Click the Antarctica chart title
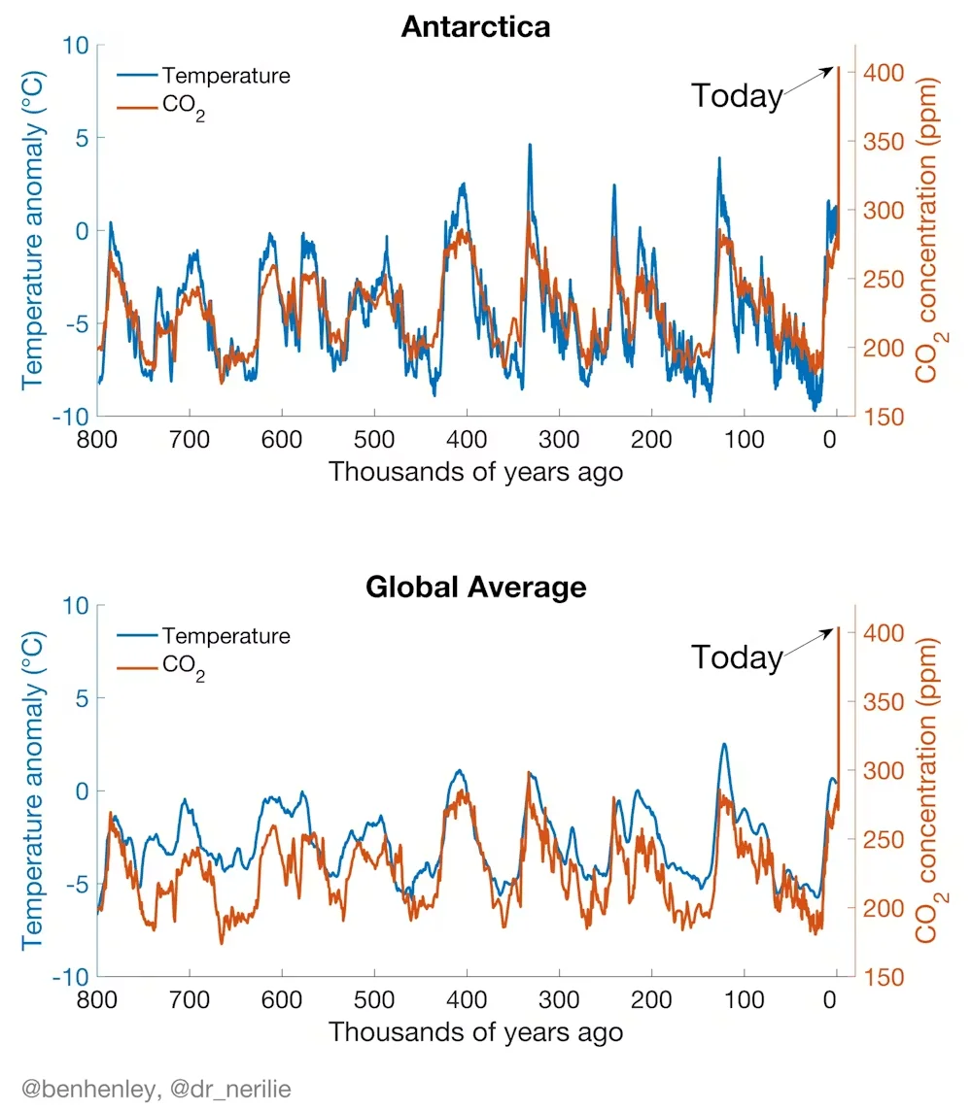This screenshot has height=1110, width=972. (x=475, y=27)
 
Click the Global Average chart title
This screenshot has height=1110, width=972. (x=476, y=587)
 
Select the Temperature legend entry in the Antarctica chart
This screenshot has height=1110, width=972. (x=204, y=75)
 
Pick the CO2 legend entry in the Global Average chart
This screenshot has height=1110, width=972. (x=161, y=666)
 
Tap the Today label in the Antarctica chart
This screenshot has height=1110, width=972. (x=737, y=96)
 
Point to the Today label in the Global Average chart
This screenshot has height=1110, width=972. (x=737, y=657)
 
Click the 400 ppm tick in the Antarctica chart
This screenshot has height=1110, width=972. (x=884, y=72)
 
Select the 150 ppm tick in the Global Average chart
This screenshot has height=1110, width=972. (x=884, y=977)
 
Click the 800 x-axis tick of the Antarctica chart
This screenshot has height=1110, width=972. (x=97, y=440)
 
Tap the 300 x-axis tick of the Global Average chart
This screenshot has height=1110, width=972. (x=559, y=999)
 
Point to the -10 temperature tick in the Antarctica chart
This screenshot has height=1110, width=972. (x=70, y=417)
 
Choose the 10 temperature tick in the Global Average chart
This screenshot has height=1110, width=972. (x=76, y=605)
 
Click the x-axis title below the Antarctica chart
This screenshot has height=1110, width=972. (x=475, y=472)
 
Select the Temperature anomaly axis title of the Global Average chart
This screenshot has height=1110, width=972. (x=33, y=790)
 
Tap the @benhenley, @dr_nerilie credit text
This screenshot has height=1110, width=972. (x=156, y=1089)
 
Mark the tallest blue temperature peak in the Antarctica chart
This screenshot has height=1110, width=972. (x=529, y=145)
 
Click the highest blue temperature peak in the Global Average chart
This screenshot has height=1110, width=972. (x=723, y=744)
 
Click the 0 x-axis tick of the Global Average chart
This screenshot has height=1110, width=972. (x=829, y=999)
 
